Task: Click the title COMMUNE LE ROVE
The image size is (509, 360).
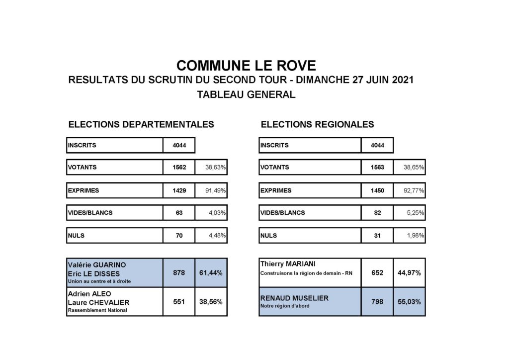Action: click(246, 66)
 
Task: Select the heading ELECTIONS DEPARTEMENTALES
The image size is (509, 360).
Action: click(141, 124)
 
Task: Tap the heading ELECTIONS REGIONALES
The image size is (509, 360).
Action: click(317, 124)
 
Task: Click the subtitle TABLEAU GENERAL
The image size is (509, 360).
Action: click(246, 94)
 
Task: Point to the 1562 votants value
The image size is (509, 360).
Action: click(179, 168)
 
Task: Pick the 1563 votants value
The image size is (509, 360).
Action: click(377, 168)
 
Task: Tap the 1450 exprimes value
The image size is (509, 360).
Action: click(377, 190)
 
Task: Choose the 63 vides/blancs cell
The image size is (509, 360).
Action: click(179, 213)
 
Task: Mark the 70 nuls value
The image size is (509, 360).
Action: click(179, 236)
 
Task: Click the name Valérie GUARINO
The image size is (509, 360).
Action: click(96, 265)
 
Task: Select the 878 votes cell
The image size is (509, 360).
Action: click(179, 272)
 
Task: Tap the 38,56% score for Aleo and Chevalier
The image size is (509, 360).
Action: click(211, 302)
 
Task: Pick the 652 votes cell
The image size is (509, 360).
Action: click(377, 272)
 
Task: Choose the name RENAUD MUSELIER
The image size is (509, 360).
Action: click(293, 298)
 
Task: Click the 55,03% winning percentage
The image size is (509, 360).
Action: click(410, 302)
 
